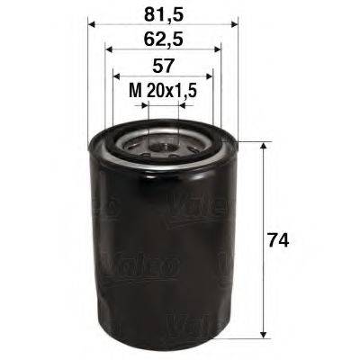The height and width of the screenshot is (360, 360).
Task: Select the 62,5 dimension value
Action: (162, 40)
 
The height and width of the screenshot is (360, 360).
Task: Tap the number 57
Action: (162, 66)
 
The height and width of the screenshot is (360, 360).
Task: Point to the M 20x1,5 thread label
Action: (162, 91)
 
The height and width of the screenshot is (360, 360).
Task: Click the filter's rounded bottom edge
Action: (163, 346)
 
